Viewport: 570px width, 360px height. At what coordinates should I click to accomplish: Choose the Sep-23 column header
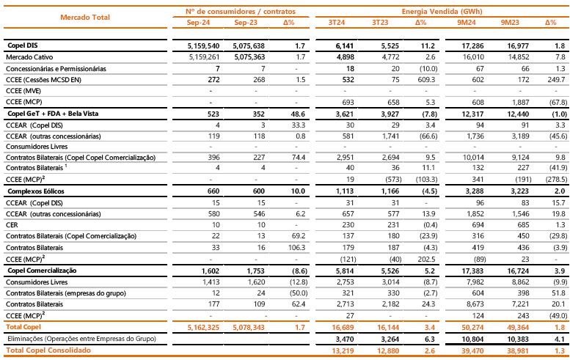click(245, 23)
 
